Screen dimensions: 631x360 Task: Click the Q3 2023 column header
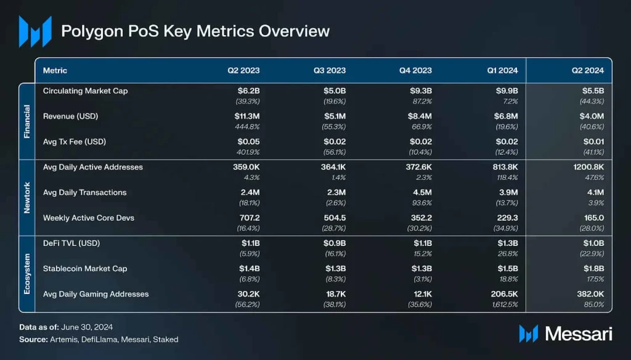tap(330, 70)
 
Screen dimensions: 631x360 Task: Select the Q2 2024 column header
tap(587, 70)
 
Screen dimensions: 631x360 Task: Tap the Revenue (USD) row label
tap(70, 117)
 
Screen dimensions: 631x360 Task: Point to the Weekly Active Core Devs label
tap(89, 218)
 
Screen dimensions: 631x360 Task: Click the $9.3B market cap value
tap(420, 91)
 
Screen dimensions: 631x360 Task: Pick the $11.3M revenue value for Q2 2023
tap(247, 117)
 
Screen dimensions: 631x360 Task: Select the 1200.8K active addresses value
tap(588, 167)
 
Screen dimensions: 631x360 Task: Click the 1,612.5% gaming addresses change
tap(505, 305)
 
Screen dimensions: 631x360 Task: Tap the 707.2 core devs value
tap(250, 218)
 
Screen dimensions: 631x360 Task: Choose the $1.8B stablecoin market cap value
tap(593, 269)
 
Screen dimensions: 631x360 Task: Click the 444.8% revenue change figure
tap(247, 127)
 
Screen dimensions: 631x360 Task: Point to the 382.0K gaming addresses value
tap(590, 294)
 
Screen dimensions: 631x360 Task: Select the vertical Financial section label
tap(27, 121)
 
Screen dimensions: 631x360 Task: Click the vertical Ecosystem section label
tap(27, 274)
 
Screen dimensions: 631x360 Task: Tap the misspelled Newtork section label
tap(27, 198)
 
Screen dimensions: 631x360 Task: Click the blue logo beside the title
tap(35, 31)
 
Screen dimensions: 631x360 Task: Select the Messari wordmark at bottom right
tap(579, 334)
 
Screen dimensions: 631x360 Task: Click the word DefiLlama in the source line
tap(99, 340)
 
